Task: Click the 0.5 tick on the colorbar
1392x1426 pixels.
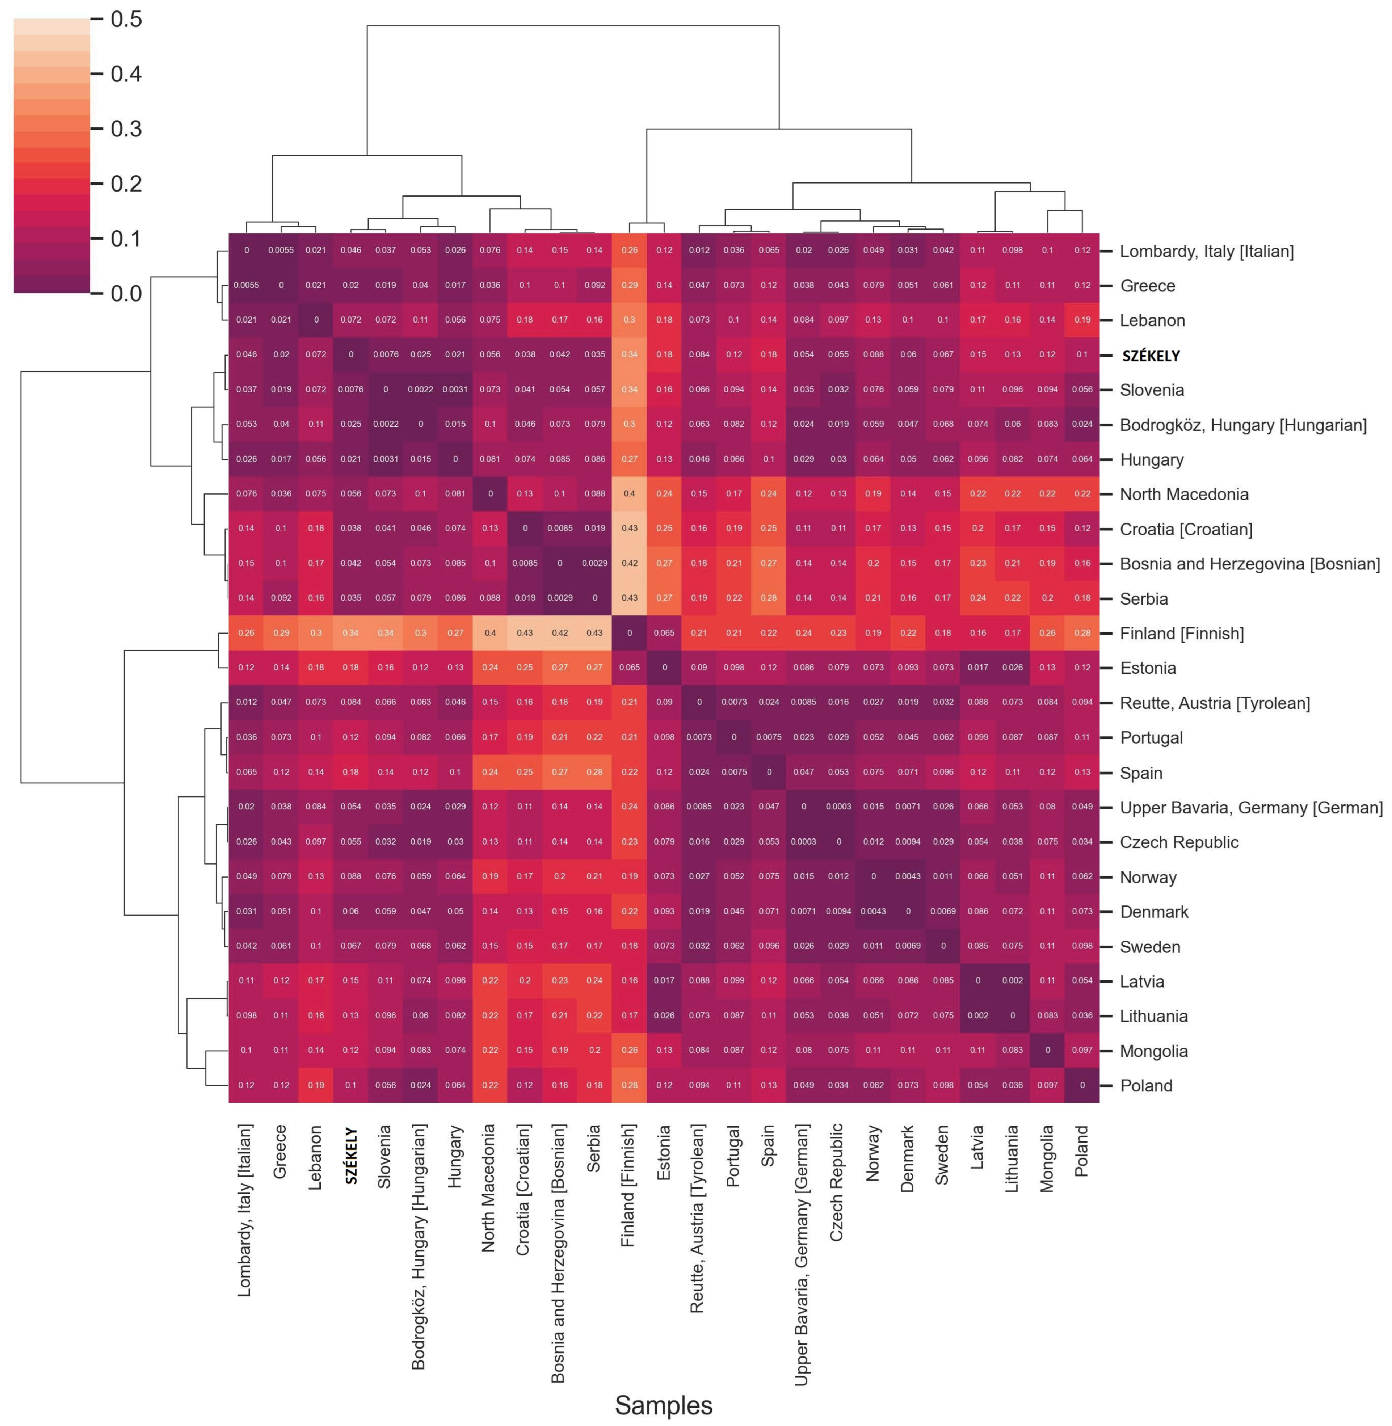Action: pos(126,19)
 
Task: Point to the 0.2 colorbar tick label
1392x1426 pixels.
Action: pos(126,184)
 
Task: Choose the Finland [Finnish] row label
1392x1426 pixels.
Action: pos(1181,633)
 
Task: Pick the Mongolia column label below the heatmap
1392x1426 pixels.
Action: pos(1047,1158)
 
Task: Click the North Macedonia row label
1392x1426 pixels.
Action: pos(1183,494)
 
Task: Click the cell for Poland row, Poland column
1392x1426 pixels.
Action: pos(1082,1085)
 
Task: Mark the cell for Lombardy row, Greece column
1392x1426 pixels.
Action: pos(281,250)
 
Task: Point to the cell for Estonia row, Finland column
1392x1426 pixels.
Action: pos(630,667)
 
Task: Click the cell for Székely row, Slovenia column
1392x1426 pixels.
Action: pos(385,354)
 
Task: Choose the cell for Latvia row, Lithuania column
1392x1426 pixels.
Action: pos(1012,980)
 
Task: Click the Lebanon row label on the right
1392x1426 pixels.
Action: pos(1152,320)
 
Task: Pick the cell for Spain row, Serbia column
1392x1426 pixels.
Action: pos(594,772)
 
